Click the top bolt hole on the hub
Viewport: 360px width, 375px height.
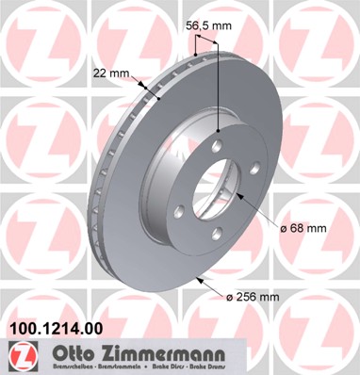coord(217,147)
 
